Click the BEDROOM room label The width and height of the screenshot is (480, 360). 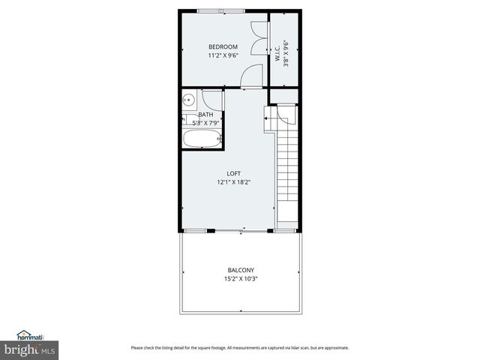223,46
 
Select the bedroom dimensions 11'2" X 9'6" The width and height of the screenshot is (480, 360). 223,55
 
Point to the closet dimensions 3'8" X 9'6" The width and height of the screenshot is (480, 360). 286,53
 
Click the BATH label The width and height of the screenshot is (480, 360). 205,115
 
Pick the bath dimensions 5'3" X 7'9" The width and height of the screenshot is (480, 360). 205,123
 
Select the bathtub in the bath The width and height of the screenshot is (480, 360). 202,139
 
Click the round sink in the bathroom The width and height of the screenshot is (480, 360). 188,99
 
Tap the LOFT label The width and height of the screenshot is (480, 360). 234,173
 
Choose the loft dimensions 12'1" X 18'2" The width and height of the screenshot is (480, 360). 234,181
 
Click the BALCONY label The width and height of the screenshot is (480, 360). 241,270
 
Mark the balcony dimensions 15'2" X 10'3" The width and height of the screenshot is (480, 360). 241,279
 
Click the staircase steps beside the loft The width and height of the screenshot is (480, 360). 286,169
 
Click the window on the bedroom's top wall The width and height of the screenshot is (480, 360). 220,11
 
